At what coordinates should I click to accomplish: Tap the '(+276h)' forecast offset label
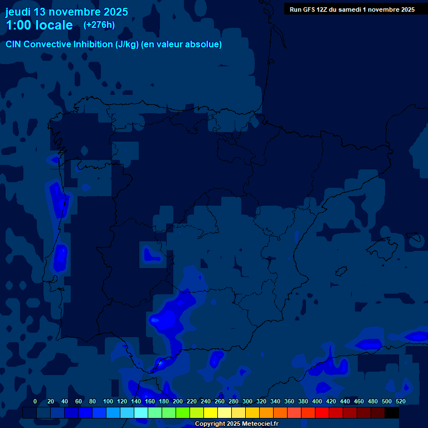coord(99,25)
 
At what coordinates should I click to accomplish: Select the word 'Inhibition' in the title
coord(93,45)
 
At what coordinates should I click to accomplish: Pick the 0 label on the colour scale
coord(35,401)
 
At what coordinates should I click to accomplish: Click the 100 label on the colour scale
coord(108,401)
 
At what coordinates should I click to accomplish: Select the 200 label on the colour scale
coord(178,401)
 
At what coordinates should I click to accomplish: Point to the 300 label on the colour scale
coord(247,401)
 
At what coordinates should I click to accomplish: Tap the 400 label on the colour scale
coord(317,401)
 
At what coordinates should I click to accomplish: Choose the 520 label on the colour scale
coord(401,401)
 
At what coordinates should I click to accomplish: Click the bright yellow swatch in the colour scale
coord(210,413)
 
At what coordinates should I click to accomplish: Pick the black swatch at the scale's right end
coord(392,413)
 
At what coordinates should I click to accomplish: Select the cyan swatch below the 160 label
coord(140,413)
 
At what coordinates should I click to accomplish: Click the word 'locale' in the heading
coord(54,25)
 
